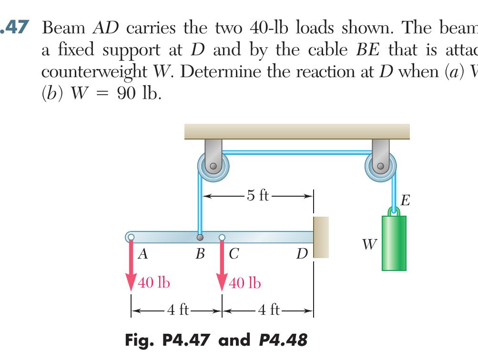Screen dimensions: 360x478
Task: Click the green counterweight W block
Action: click(x=394, y=243)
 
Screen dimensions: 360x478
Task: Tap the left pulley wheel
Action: click(x=213, y=167)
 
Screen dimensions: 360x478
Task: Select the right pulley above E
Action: click(x=380, y=167)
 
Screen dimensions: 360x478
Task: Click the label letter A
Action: click(x=142, y=254)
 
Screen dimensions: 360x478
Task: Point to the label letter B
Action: click(x=200, y=254)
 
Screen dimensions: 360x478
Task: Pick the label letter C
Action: click(x=234, y=254)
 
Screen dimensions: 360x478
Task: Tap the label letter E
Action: click(x=406, y=200)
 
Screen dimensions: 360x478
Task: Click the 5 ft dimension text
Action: click(x=258, y=195)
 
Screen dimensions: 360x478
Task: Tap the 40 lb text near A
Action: click(x=154, y=283)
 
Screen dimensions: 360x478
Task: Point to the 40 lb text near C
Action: click(x=245, y=283)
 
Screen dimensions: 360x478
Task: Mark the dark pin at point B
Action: click(x=200, y=237)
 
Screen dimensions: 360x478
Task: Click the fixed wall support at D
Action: click(x=321, y=237)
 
